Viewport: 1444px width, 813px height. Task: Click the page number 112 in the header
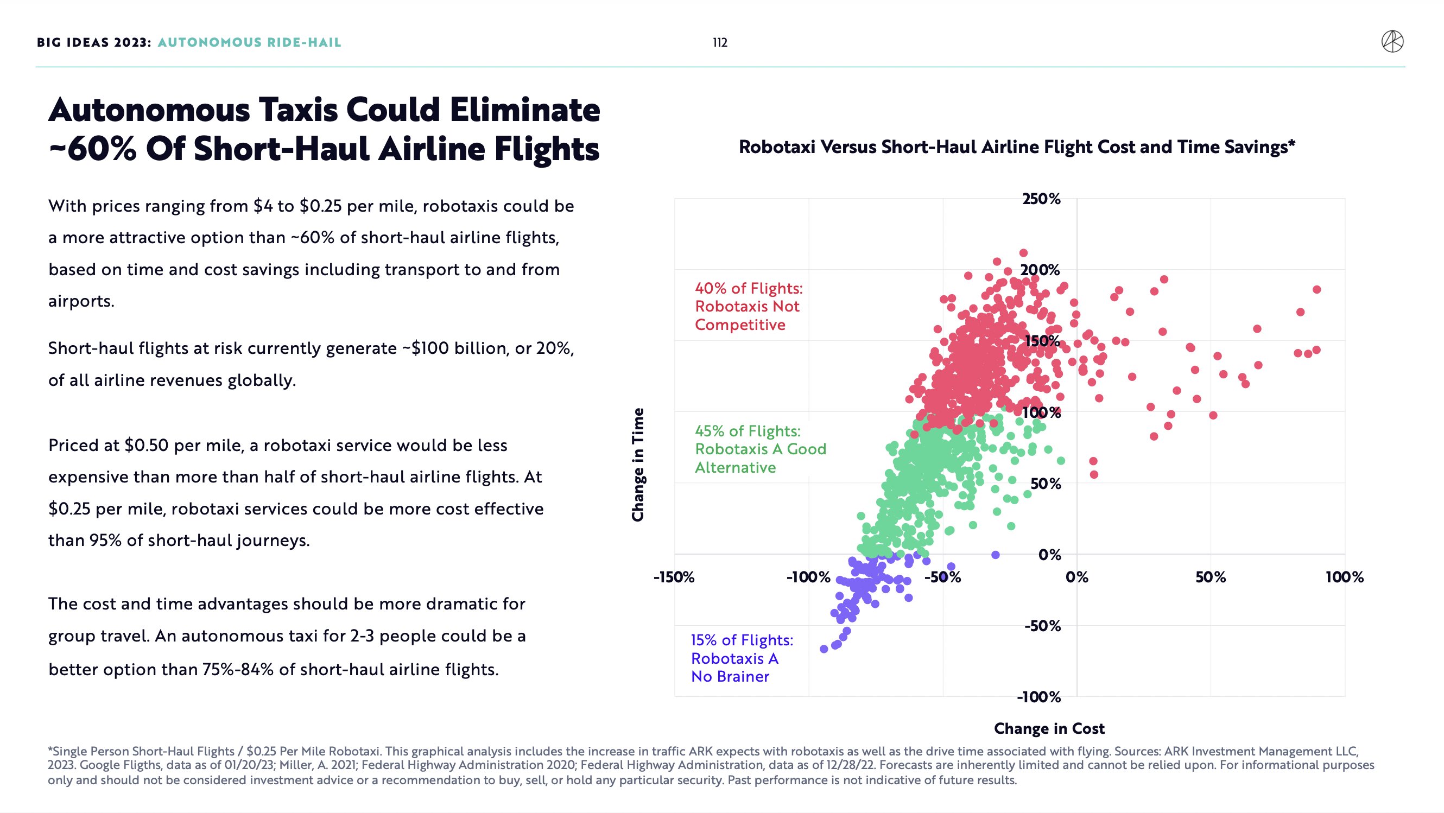720,42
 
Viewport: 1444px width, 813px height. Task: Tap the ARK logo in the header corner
1392,42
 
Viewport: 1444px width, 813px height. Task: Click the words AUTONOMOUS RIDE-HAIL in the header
250,42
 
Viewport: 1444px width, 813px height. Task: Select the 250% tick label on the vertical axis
1041,199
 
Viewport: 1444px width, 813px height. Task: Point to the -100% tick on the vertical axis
1038,697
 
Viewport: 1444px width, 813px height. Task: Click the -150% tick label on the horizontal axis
674,577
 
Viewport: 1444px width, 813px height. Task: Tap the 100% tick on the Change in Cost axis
1344,577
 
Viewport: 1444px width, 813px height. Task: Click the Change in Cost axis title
1049,728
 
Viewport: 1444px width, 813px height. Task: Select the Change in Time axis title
638,465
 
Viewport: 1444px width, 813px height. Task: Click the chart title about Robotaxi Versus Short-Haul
1017,147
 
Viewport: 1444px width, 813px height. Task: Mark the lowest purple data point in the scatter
824,649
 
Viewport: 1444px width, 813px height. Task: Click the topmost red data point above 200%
1023,253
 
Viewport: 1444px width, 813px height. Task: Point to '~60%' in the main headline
92,149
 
